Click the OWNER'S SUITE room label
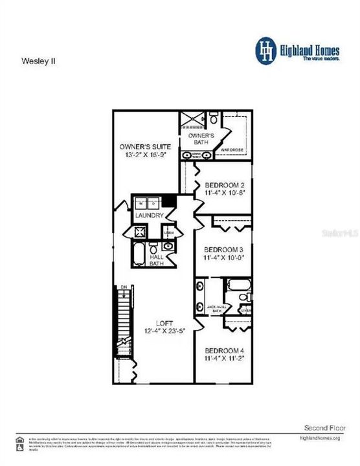pyautogui.click(x=144, y=146)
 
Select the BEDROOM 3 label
pyautogui.click(x=223, y=250)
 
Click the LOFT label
pyautogui.click(x=165, y=322)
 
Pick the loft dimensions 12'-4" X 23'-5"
pyautogui.click(x=165, y=331)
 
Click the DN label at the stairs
pyautogui.click(x=122, y=287)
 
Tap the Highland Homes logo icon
pyautogui.click(x=264, y=50)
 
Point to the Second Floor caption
pyautogui.click(x=322, y=428)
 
